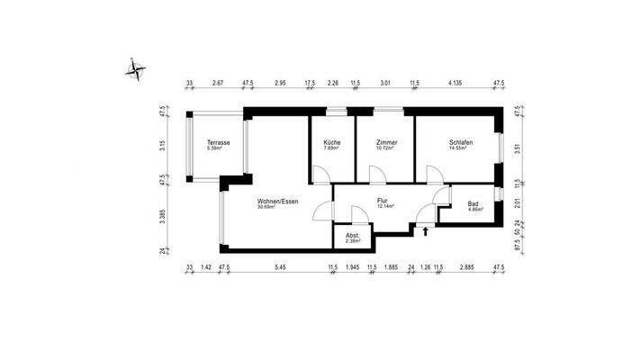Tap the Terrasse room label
218,143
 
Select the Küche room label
331,143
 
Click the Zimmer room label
388,143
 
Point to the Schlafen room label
462,143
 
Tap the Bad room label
474,203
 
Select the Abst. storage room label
354,235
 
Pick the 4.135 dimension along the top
456,83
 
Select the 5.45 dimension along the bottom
281,267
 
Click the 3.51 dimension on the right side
517,150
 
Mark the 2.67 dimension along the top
217,83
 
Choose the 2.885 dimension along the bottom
466,267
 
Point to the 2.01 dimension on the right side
517,203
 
